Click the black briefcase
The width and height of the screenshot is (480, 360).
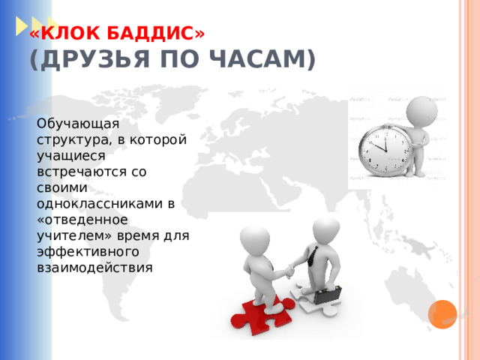pyautogui.click(x=328, y=293)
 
